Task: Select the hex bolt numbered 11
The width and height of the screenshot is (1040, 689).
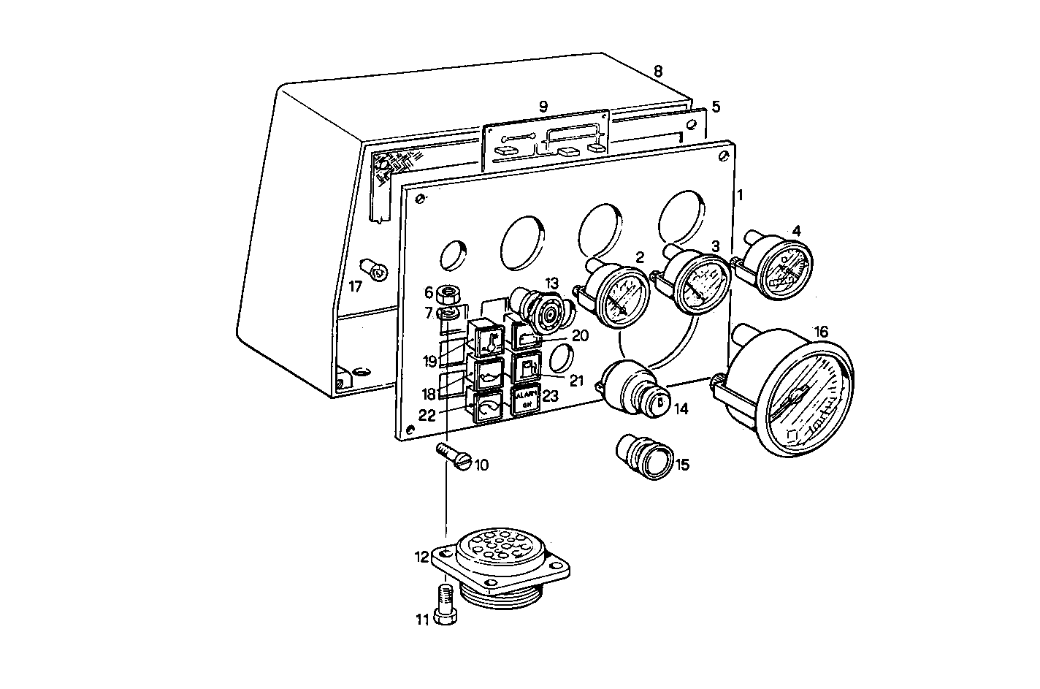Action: point(445,604)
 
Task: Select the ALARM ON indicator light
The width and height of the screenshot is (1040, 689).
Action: point(525,400)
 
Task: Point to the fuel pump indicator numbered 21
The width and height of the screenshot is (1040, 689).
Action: point(527,365)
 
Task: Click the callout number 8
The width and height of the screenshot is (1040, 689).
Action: point(657,72)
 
